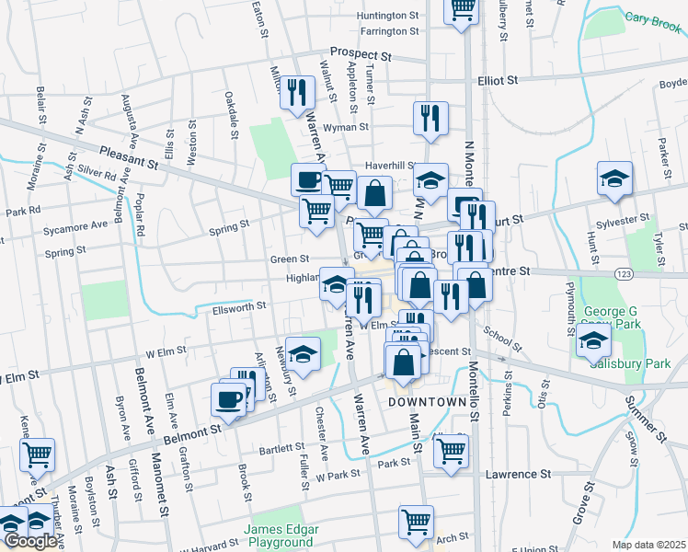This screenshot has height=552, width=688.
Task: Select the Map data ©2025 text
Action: pyautogui.click(x=648, y=545)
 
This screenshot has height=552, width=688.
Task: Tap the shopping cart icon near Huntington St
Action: pyautogui.click(x=462, y=9)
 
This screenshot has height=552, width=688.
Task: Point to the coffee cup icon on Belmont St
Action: pyautogui.click(x=229, y=399)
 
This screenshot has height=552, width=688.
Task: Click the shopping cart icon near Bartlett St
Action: pyautogui.click(x=451, y=451)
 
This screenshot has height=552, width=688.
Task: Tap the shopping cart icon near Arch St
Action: pyautogui.click(x=416, y=521)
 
